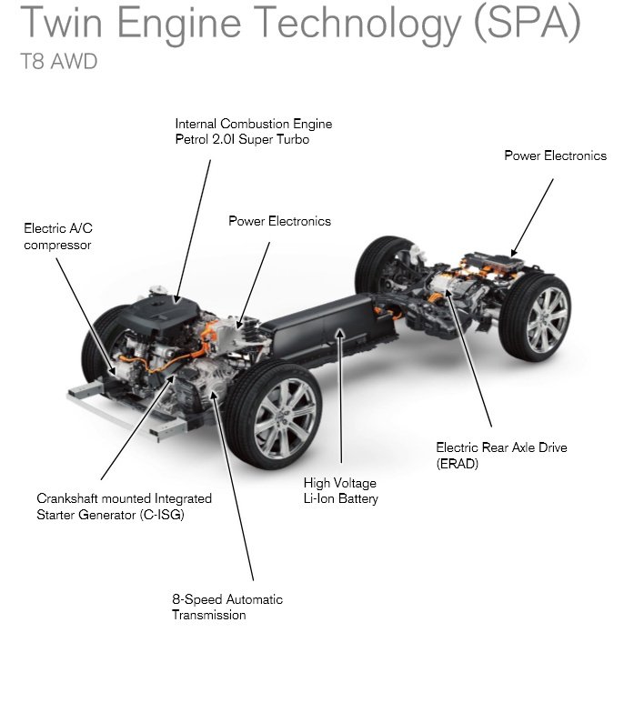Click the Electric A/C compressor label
(x=58, y=236)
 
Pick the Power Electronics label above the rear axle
(x=555, y=156)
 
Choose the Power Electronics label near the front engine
(x=279, y=221)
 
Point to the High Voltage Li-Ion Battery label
(x=340, y=491)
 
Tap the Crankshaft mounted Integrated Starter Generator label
(x=124, y=507)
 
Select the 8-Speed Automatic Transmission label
(x=227, y=607)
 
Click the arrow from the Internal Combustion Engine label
(x=193, y=227)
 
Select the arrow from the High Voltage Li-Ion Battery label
(x=341, y=400)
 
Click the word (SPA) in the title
(x=526, y=25)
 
